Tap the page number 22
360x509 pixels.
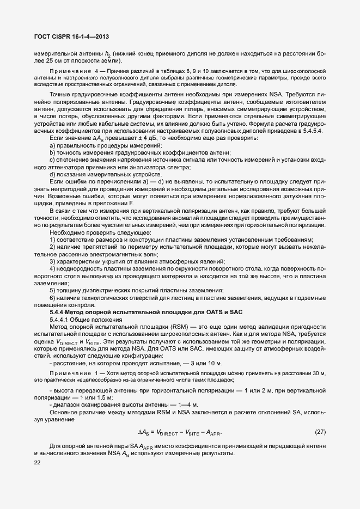(x=38, y=463)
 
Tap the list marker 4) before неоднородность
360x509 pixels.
(x=53, y=269)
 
